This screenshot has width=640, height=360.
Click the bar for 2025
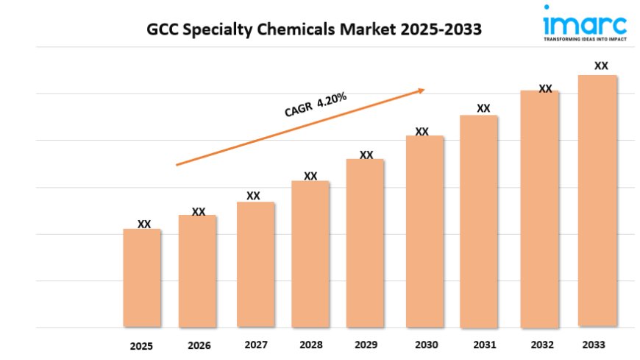click(x=141, y=278)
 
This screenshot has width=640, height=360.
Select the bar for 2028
click(x=310, y=253)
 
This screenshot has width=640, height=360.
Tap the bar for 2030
click(x=424, y=231)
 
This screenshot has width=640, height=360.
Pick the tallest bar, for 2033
click(x=597, y=200)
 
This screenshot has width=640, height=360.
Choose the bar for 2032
click(x=540, y=208)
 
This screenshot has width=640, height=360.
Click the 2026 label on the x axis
click(x=199, y=345)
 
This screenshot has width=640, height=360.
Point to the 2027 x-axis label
click(x=255, y=345)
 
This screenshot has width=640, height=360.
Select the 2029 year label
click(x=366, y=345)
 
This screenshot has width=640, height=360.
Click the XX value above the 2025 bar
click(x=144, y=224)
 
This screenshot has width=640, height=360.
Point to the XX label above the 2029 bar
click(x=366, y=155)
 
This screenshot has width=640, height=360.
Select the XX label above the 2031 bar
click(x=483, y=108)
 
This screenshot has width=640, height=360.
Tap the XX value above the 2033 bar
click(x=601, y=66)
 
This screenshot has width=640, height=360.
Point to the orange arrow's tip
click(x=424, y=90)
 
